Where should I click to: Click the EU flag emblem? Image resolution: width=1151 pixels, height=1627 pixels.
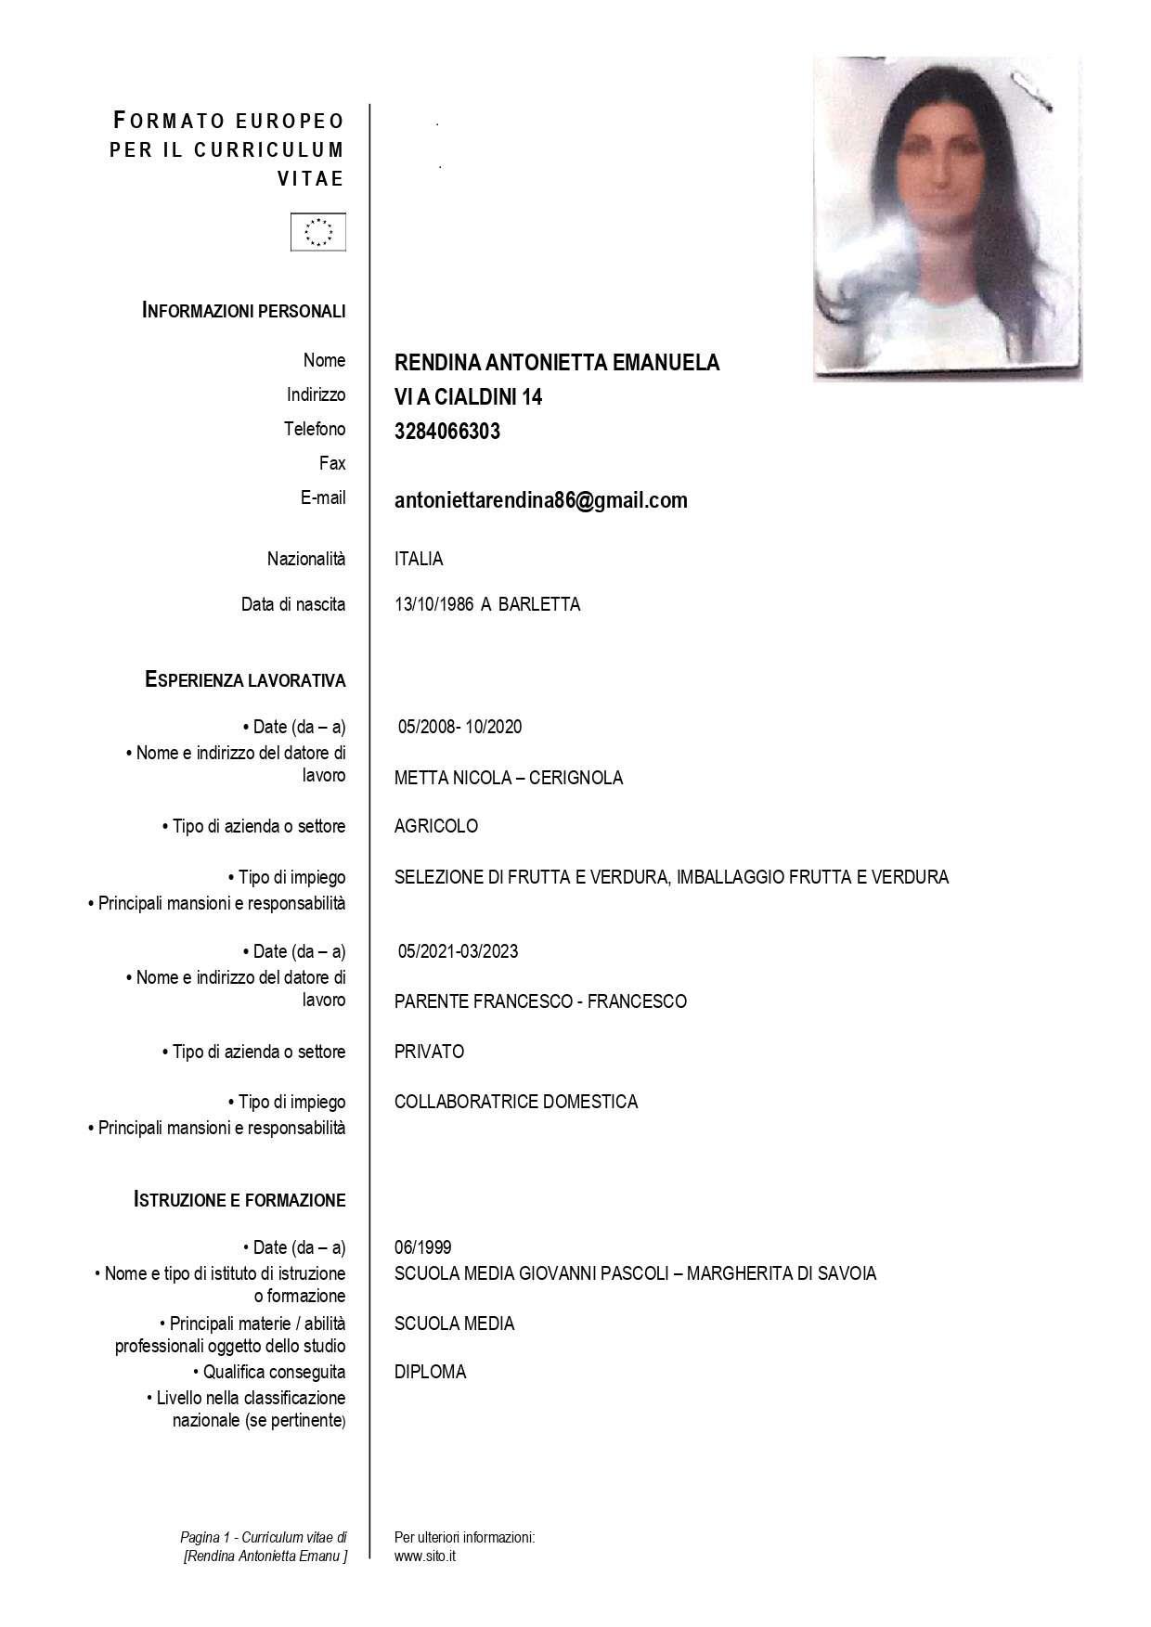318,232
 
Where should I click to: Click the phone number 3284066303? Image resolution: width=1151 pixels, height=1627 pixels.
446,432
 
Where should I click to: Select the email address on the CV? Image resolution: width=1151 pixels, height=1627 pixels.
540,501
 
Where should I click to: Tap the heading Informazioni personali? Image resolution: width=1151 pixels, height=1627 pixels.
244,311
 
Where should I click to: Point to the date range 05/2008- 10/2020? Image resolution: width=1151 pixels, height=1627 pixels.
459,727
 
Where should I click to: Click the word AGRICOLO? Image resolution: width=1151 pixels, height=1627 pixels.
435,826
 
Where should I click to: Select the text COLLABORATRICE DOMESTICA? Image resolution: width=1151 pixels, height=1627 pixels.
515,1102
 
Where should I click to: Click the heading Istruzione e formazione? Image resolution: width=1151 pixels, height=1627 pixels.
239,1200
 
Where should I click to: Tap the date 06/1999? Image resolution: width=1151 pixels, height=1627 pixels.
422,1247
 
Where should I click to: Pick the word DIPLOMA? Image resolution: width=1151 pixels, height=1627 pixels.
430,1372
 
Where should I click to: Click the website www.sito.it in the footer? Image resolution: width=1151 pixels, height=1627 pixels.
424,1556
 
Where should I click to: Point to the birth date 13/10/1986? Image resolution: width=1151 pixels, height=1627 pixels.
433,604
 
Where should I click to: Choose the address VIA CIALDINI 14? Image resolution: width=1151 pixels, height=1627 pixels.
468,397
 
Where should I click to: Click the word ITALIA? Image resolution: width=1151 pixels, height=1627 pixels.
419,559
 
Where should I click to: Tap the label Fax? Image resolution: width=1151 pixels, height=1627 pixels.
331,463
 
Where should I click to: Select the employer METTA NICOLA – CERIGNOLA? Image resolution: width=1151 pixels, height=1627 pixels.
508,778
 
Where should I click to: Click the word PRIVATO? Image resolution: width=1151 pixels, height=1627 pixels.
429,1052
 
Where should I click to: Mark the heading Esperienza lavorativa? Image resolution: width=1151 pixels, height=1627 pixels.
245,680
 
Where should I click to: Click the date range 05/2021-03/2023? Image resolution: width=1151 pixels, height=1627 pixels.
458,951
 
